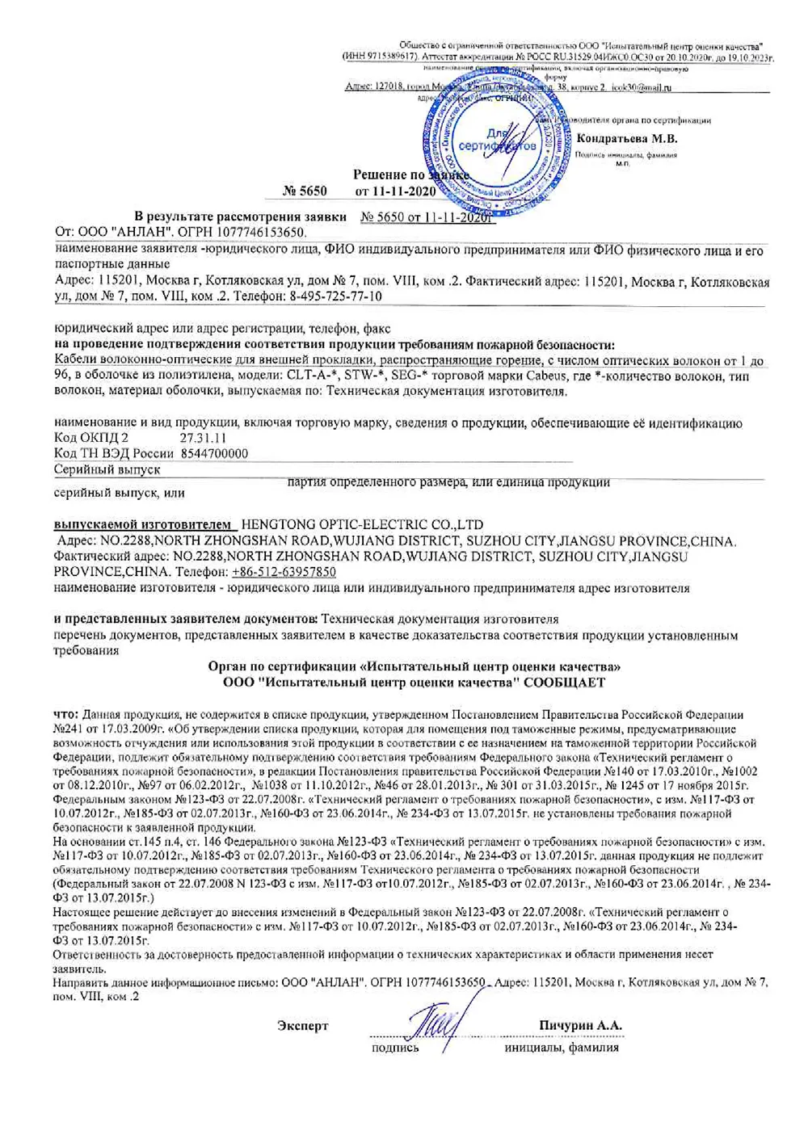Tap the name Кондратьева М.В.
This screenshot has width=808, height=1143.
[x=626, y=138]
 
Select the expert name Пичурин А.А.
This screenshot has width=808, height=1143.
[x=580, y=1025]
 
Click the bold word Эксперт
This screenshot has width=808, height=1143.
[x=303, y=1026]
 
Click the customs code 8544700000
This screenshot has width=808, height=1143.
[x=214, y=453]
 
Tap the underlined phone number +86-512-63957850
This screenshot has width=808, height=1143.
[x=284, y=572]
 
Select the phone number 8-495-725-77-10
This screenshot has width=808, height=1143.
[x=335, y=296]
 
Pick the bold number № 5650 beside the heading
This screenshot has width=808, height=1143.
[x=305, y=191]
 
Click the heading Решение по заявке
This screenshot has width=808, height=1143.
[x=410, y=174]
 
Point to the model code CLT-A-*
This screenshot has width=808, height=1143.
[x=313, y=376]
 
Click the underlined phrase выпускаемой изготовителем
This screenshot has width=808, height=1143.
[x=145, y=525]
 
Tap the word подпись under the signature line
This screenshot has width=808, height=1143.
[x=395, y=1048]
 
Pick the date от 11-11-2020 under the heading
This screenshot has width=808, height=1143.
[x=396, y=191]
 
